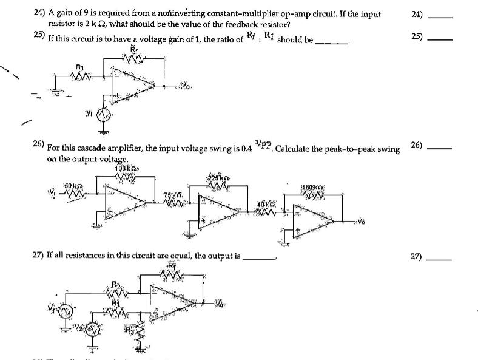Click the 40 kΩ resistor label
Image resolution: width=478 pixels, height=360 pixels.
pyautogui.click(x=268, y=204)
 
